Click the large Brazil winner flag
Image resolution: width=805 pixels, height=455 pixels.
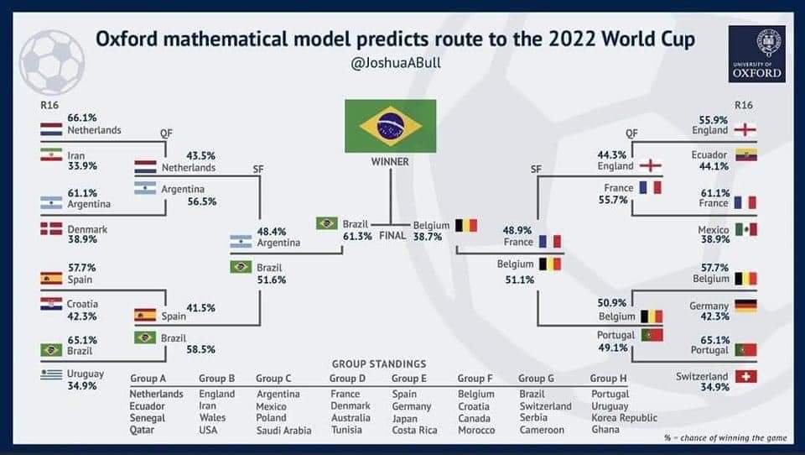tap(390, 126)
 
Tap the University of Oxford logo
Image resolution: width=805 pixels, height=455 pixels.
tap(757, 53)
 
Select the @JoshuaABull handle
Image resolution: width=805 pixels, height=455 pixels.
tap(394, 63)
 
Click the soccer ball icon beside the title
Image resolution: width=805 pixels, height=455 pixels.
tap(52, 61)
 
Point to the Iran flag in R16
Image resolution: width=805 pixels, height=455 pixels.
tap(51, 155)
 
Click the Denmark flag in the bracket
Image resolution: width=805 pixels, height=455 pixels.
tap(51, 228)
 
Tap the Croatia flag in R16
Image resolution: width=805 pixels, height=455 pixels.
tap(51, 303)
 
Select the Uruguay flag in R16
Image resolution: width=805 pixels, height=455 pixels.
tap(51, 374)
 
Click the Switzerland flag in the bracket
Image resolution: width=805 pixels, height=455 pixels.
tap(745, 377)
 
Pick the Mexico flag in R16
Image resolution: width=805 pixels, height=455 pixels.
tap(745, 229)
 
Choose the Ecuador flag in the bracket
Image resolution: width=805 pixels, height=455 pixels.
tap(745, 154)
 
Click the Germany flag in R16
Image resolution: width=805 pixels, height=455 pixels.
tap(745, 306)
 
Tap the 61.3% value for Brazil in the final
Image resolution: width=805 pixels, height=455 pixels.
tap(356, 237)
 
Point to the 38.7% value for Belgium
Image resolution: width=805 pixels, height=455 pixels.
tap(428, 237)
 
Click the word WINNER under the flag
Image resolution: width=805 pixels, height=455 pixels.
tap(390, 162)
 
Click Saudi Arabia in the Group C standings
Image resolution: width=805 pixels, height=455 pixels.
tap(283, 431)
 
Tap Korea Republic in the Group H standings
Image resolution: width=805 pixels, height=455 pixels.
tap(624, 417)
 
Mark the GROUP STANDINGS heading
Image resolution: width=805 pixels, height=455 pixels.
tap(379, 364)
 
